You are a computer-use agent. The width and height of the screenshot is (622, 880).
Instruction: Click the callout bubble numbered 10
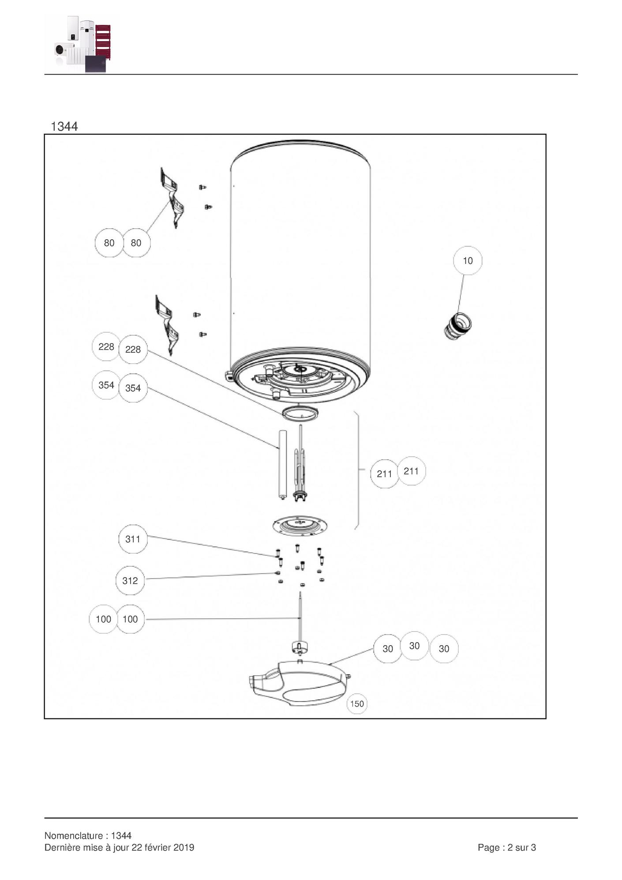[x=468, y=260]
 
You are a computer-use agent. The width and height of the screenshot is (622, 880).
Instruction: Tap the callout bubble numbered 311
[x=133, y=539]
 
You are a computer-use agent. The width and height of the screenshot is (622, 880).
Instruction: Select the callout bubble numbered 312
[x=130, y=580]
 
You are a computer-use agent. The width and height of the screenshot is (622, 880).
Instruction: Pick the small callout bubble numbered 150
[x=357, y=704]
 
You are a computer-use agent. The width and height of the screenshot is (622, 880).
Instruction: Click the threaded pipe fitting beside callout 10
[x=457, y=326]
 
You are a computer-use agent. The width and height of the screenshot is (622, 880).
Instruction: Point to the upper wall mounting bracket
[x=172, y=197]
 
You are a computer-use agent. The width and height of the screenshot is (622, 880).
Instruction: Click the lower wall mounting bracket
[x=167, y=325]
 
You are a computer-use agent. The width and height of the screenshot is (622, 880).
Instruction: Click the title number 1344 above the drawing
[x=64, y=126]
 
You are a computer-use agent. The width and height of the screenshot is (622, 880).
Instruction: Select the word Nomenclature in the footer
[x=73, y=835]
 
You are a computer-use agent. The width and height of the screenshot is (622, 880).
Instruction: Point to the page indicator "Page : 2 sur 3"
[x=507, y=847]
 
